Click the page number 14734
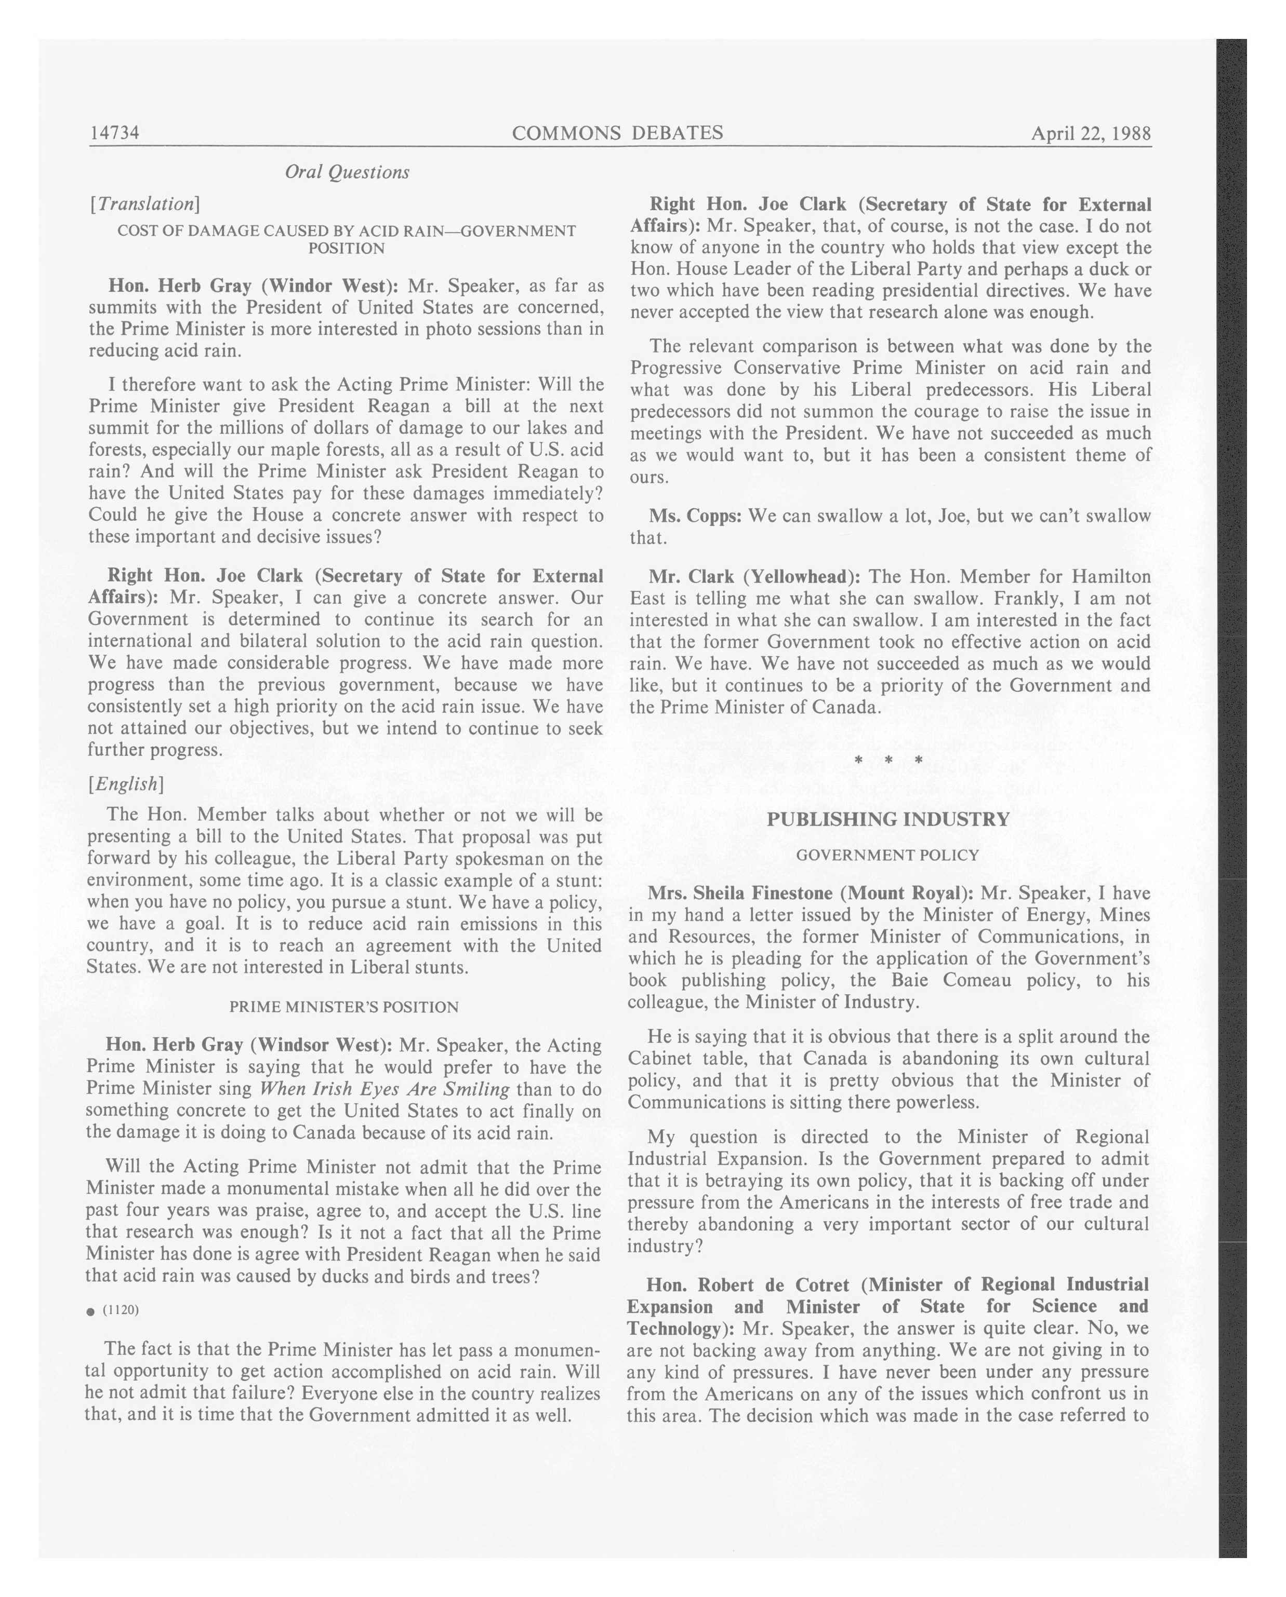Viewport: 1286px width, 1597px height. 115,133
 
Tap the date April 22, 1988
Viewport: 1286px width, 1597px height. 1091,133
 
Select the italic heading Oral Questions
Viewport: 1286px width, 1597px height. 347,172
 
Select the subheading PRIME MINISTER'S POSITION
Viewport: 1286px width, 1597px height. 344,1007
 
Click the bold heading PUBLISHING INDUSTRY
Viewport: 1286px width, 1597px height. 888,819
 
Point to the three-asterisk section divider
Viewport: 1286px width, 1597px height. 888,761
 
